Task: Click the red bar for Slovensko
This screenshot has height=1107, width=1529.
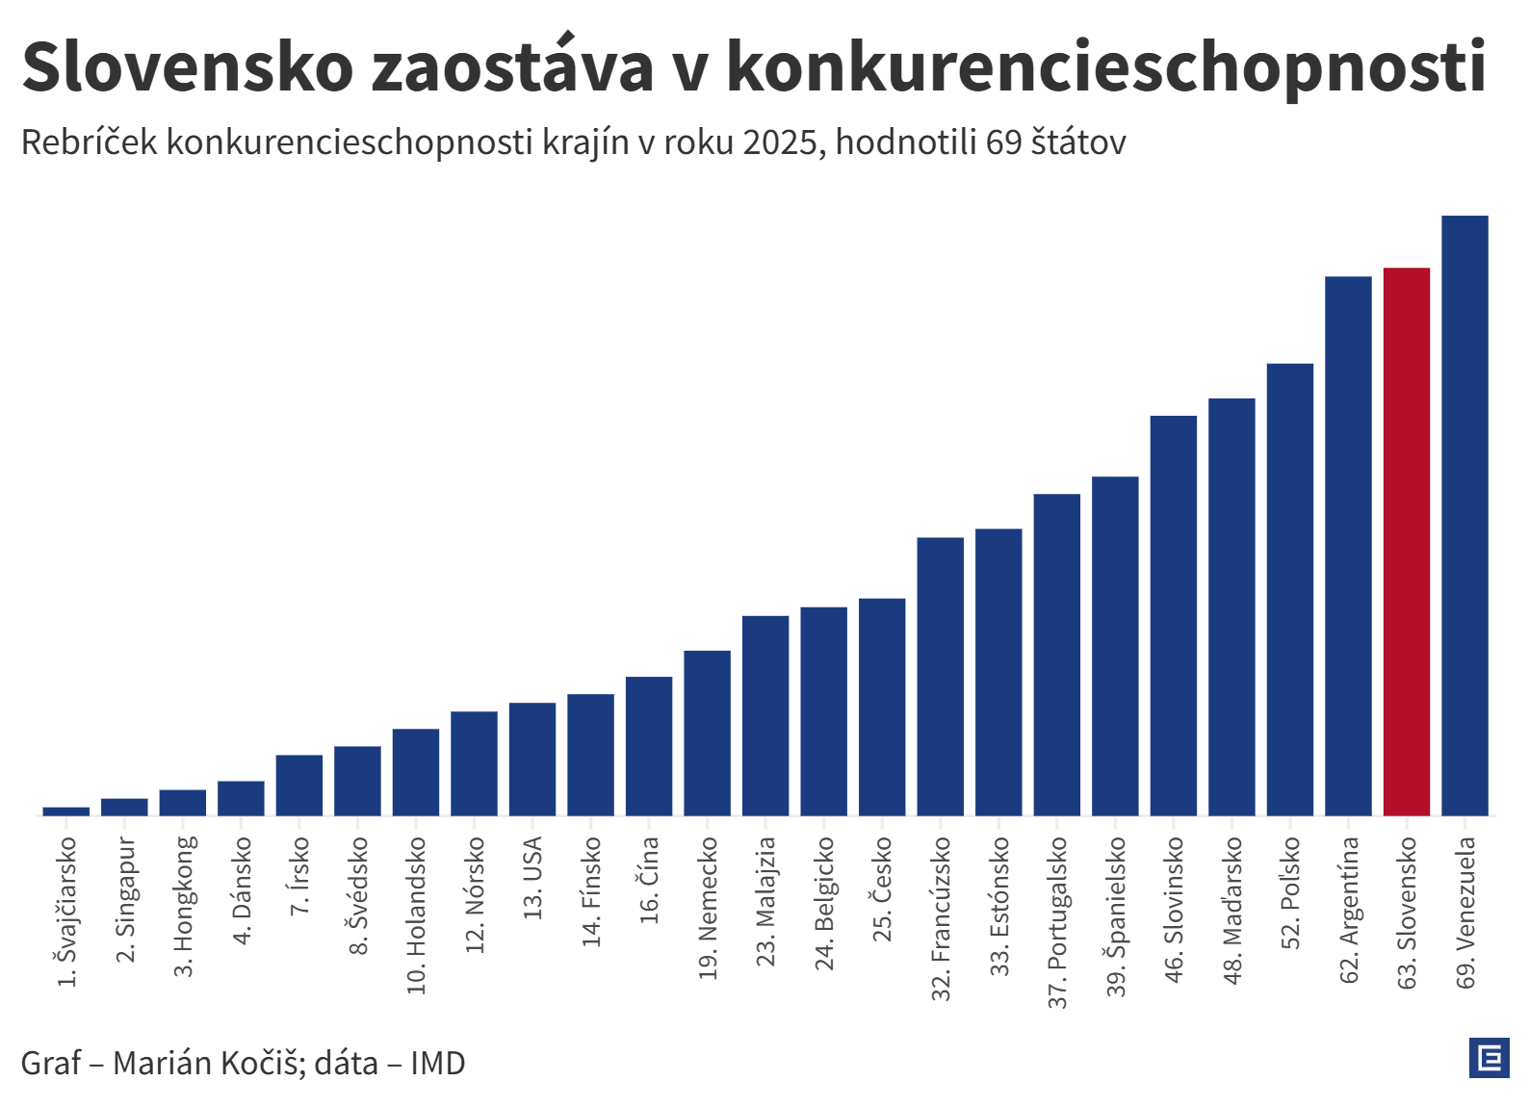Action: [1406, 541]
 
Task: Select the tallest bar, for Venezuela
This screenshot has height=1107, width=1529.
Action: [1464, 515]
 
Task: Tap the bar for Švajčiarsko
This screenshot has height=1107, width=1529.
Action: [66, 811]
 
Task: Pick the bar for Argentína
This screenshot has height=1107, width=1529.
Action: [1348, 546]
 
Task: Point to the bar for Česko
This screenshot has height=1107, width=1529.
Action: [882, 707]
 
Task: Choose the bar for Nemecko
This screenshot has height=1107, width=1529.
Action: [707, 733]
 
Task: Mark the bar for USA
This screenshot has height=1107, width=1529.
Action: [532, 759]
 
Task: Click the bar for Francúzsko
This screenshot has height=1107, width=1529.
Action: [940, 676]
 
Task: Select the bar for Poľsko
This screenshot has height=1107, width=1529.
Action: [1289, 589]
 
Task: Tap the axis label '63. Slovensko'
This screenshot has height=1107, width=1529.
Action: [1407, 912]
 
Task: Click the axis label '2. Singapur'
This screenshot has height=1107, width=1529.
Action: [125, 899]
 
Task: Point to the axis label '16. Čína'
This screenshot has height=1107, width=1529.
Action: [649, 880]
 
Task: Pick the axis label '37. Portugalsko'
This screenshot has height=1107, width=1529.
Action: [1057, 922]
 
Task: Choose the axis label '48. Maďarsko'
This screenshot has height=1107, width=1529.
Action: [1232, 910]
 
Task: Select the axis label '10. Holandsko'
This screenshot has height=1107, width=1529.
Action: [416, 914]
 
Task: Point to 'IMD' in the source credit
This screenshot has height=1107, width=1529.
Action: [438, 1063]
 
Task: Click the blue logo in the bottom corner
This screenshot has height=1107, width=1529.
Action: [1489, 1058]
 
